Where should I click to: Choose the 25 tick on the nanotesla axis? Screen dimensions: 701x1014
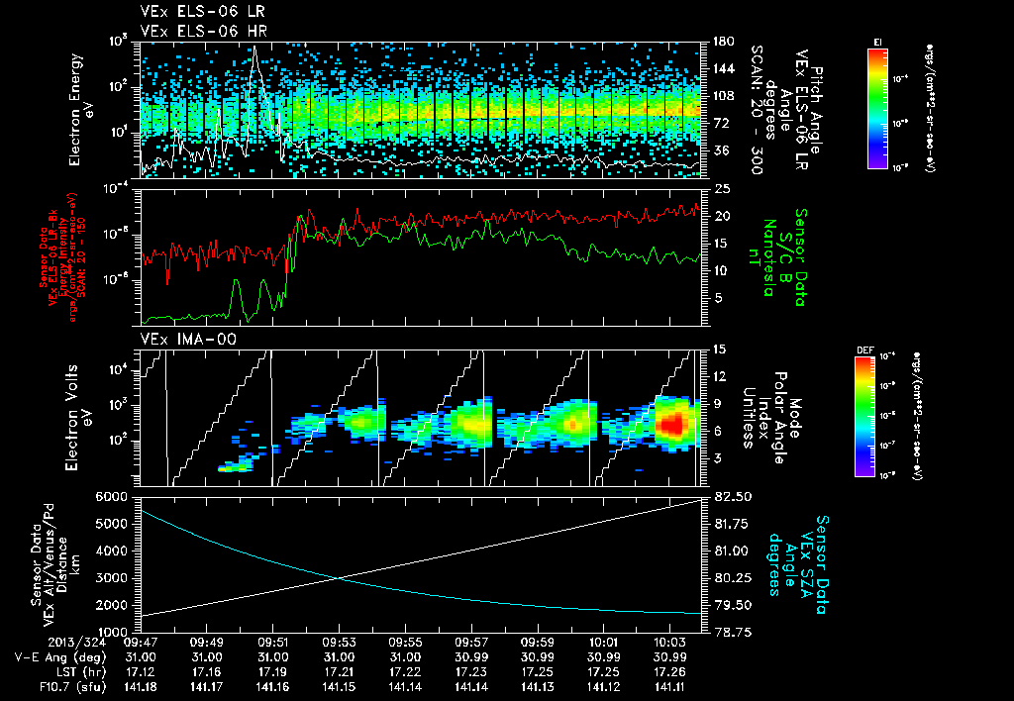[x=722, y=188]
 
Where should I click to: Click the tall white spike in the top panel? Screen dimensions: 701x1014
[x=255, y=54]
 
